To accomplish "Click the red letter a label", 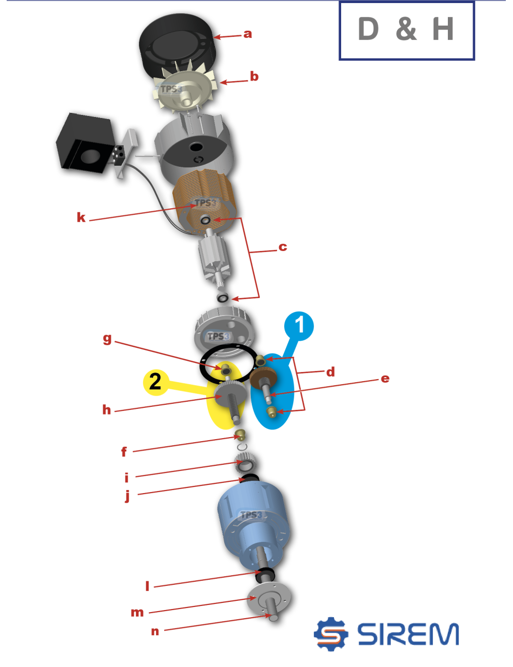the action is click(x=248, y=34).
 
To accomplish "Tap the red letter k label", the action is click(x=81, y=218).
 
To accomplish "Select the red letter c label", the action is click(x=283, y=247).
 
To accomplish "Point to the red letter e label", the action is click(x=385, y=379).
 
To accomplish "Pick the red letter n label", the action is click(x=155, y=632).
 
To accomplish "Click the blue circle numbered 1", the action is click(x=299, y=326).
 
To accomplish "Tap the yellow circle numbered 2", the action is click(x=156, y=382).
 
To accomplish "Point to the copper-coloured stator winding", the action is click(x=205, y=202).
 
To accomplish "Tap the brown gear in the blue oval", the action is click(x=263, y=378).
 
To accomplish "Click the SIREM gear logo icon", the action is click(x=331, y=634).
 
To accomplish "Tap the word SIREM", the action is click(x=408, y=634).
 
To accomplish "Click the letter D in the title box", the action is click(x=368, y=29).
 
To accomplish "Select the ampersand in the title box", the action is click(x=406, y=29).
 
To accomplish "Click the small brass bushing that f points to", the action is click(x=240, y=435).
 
